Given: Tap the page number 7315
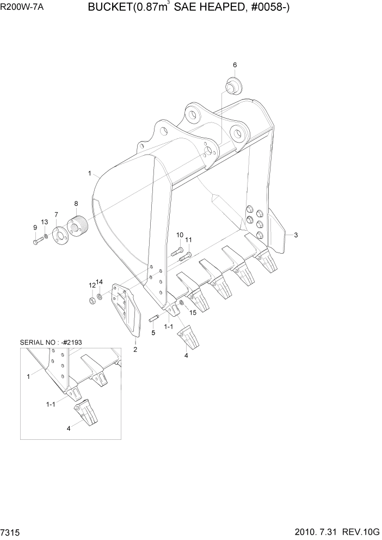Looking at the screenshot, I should [11, 531].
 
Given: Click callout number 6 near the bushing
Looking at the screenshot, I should [235, 65].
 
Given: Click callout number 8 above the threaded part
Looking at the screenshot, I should [76, 204].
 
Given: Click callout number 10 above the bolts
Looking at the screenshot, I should [180, 235].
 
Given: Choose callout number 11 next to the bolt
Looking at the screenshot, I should [189, 240].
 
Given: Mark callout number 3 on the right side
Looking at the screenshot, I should [295, 235].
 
